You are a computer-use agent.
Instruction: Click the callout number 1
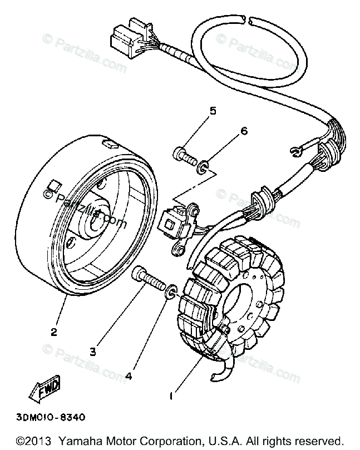172,398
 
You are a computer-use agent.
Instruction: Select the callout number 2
54,333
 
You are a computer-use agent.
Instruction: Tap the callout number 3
93,351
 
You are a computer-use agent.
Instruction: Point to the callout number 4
129,375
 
